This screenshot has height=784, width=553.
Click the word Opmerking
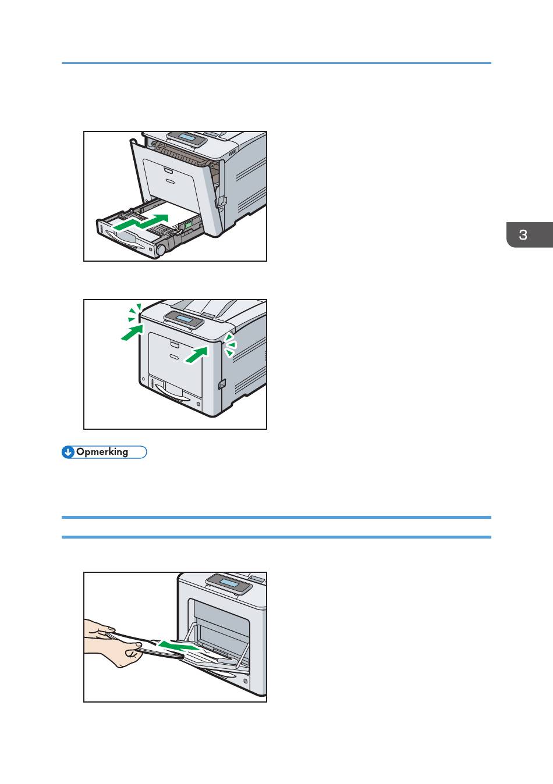(102, 452)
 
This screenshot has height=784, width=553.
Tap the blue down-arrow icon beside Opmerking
(68, 452)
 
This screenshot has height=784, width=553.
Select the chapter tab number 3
(523, 235)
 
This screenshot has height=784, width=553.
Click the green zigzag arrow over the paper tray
(141, 223)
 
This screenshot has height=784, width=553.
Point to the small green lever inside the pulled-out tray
(188, 224)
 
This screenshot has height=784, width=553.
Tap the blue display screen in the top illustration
(187, 137)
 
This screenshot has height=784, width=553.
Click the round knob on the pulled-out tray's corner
(161, 250)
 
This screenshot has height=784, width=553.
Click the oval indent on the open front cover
(170, 181)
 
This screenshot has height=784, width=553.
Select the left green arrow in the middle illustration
(132, 332)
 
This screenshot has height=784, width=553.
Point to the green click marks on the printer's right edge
(230, 345)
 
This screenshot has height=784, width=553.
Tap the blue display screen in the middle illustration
(184, 319)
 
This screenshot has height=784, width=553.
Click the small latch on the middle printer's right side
(222, 384)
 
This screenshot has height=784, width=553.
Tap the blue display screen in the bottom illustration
(228, 583)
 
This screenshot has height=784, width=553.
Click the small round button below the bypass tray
(246, 681)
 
